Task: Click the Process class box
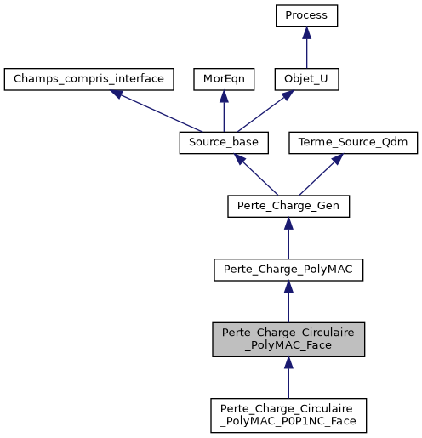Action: point(306,16)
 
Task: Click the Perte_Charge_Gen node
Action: point(289,205)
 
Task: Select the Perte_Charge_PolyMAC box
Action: point(289,269)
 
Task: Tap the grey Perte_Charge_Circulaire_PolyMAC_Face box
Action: point(289,338)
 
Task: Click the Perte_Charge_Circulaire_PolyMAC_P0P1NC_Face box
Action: point(289,415)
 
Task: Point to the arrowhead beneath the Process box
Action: point(306,33)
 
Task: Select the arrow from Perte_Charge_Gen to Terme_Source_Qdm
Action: point(322,173)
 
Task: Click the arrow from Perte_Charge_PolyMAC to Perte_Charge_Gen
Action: point(289,238)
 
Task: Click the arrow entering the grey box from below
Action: point(289,378)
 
